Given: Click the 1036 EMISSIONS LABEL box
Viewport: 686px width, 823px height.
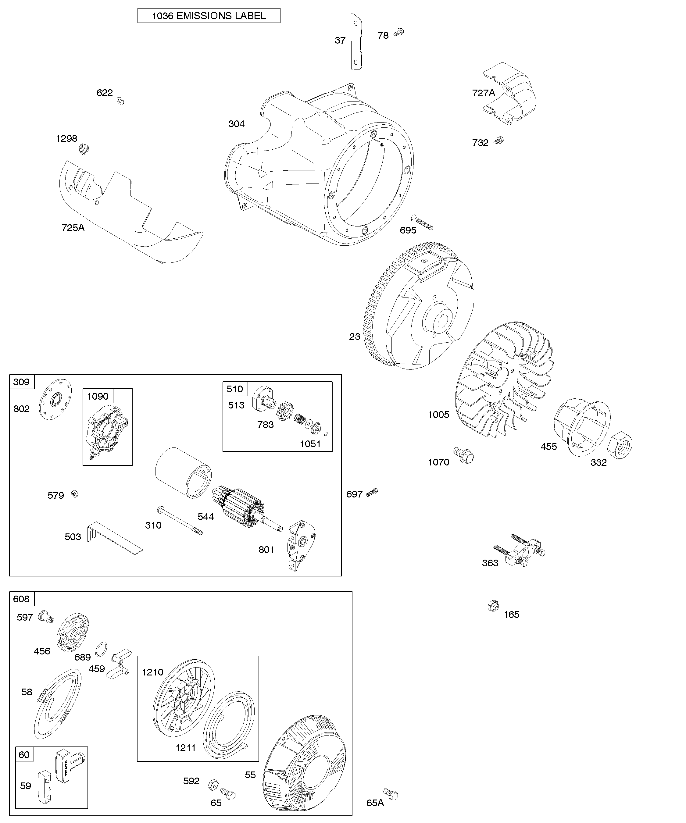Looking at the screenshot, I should pos(209,16).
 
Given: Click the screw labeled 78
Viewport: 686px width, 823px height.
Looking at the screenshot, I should pos(399,32).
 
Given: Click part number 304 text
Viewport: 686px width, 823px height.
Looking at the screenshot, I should pos(236,124).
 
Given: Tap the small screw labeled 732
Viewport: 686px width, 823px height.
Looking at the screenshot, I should pos(498,140).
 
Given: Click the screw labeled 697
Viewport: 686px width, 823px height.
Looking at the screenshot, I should pos(372,492).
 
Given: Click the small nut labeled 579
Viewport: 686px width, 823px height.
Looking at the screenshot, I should pos(74,493).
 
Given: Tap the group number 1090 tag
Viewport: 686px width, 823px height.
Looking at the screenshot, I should pos(98,396).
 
